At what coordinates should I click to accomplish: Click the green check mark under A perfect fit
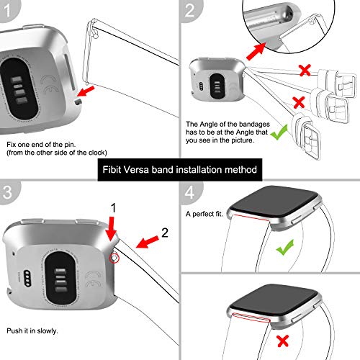[287, 248]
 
